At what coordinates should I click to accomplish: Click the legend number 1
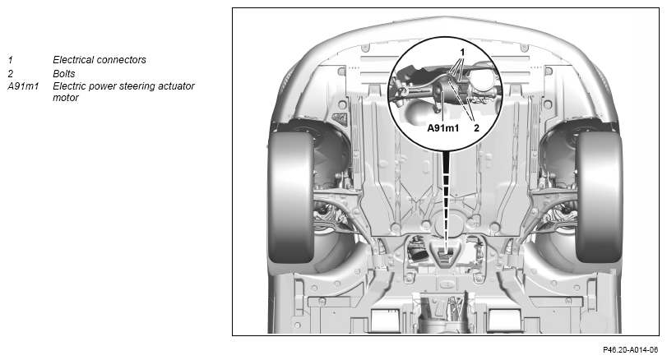(10, 60)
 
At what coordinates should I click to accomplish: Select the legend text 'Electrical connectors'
(100, 60)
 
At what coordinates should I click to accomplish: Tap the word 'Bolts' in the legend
(64, 73)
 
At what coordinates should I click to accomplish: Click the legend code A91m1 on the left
(23, 86)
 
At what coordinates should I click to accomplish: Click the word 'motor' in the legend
(66, 98)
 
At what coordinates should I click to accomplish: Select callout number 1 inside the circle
(462, 53)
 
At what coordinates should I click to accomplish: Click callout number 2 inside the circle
(476, 127)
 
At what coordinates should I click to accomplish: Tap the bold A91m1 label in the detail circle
(443, 127)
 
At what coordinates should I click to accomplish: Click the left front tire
(293, 197)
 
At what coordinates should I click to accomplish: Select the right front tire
(599, 197)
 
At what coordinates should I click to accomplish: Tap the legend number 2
(10, 74)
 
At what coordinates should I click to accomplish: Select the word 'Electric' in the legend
(69, 86)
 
